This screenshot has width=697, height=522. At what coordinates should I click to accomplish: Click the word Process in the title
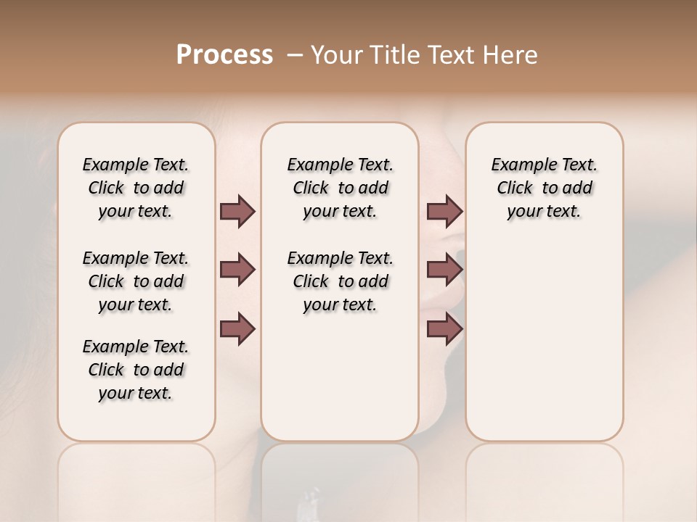(224, 54)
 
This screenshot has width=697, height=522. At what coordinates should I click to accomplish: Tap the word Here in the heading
(512, 55)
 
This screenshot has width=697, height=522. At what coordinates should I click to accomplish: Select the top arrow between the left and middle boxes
(237, 212)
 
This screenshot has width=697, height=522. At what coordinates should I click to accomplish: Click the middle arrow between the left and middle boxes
(237, 270)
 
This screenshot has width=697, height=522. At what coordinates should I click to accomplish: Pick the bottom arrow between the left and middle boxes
(237, 328)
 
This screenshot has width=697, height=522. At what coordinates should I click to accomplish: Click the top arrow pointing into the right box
(444, 212)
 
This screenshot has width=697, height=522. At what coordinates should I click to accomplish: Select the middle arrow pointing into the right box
(444, 270)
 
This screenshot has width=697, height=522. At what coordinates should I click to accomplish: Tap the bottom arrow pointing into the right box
(444, 328)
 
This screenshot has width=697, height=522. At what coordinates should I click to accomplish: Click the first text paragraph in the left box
(136, 188)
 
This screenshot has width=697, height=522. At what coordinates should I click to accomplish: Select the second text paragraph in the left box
(136, 281)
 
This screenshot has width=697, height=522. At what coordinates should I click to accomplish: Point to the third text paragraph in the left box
(136, 370)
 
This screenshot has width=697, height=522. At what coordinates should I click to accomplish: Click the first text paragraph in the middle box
(340, 188)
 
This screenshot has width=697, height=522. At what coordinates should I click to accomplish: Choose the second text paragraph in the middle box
(340, 281)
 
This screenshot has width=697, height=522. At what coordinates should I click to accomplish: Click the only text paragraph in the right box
(544, 188)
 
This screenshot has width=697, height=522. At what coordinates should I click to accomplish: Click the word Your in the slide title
(335, 55)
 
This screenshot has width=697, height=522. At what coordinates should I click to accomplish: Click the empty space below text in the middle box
(340, 377)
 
